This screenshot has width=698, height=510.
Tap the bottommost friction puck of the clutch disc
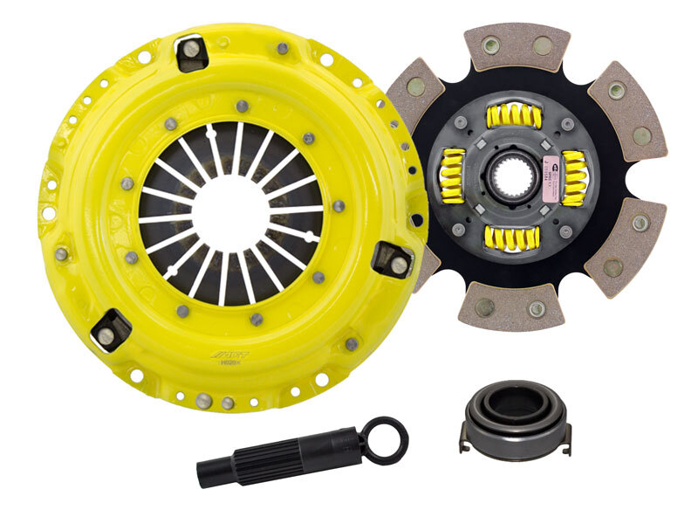coord(500,307)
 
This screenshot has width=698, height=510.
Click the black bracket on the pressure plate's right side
coord(393,259)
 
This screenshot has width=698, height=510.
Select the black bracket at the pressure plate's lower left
coord(111,330)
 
